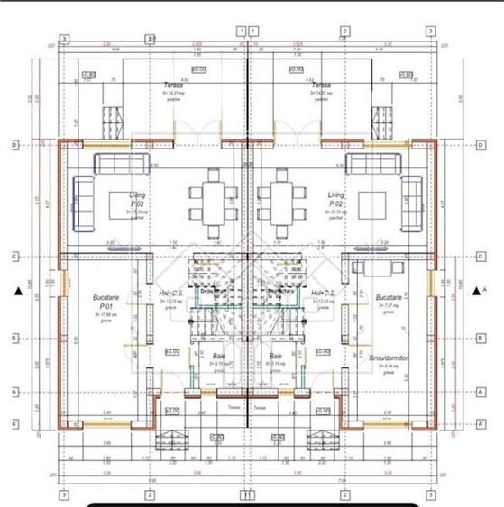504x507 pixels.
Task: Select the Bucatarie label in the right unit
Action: (x=389, y=296)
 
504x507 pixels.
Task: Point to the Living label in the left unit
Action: (x=138, y=195)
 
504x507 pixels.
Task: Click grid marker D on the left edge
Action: (x=15, y=144)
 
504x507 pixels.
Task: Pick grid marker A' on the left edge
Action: (x=15, y=423)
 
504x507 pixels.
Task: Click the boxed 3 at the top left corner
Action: (x=63, y=39)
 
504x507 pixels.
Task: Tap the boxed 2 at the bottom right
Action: (x=346, y=494)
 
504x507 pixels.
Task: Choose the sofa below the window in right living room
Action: (x=373, y=164)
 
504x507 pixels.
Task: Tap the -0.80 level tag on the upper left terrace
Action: (x=88, y=75)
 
